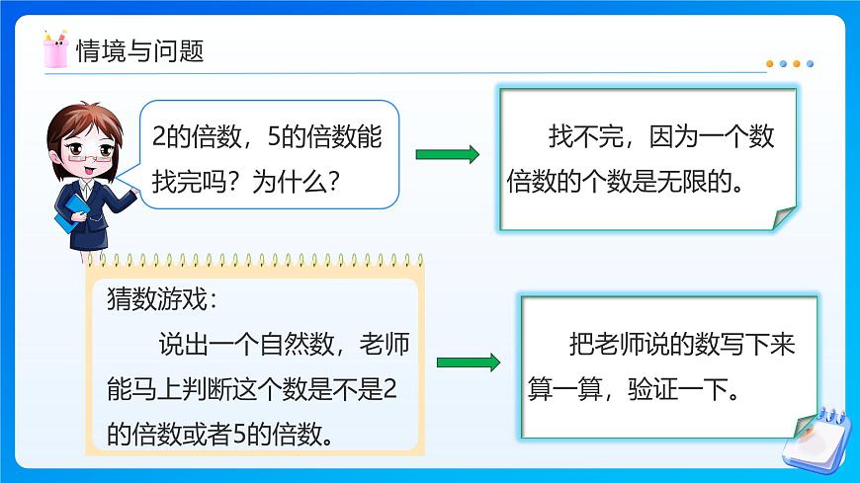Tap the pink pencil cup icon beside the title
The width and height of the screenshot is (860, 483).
(55, 49)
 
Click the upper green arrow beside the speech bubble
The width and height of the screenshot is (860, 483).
(447, 154)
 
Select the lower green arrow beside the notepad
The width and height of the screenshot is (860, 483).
(468, 362)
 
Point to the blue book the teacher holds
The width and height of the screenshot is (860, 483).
(65, 223)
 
